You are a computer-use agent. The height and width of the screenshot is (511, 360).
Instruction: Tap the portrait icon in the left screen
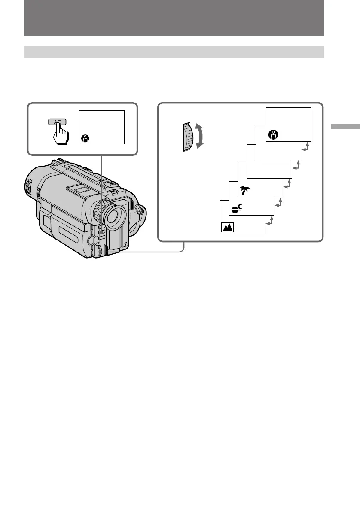coord(85,138)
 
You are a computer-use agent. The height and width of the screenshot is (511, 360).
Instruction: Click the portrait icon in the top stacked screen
coord(273,134)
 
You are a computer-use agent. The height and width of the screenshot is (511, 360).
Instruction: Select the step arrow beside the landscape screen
coord(269,221)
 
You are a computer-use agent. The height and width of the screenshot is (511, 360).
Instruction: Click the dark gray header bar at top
coord(174,18)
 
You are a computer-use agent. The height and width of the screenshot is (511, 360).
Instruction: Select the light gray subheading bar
coord(174,52)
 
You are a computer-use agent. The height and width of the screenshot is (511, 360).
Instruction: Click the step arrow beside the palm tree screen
coord(287,184)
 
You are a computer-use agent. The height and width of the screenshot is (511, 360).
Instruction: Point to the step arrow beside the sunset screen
coord(278,203)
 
